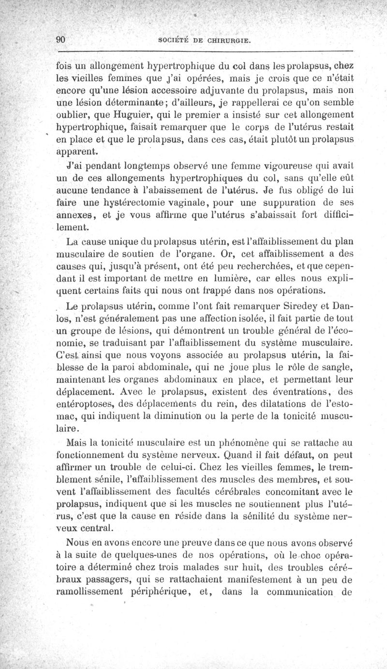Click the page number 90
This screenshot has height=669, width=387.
pyautogui.click(x=60, y=40)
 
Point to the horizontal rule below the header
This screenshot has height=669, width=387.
pyautogui.click(x=208, y=51)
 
